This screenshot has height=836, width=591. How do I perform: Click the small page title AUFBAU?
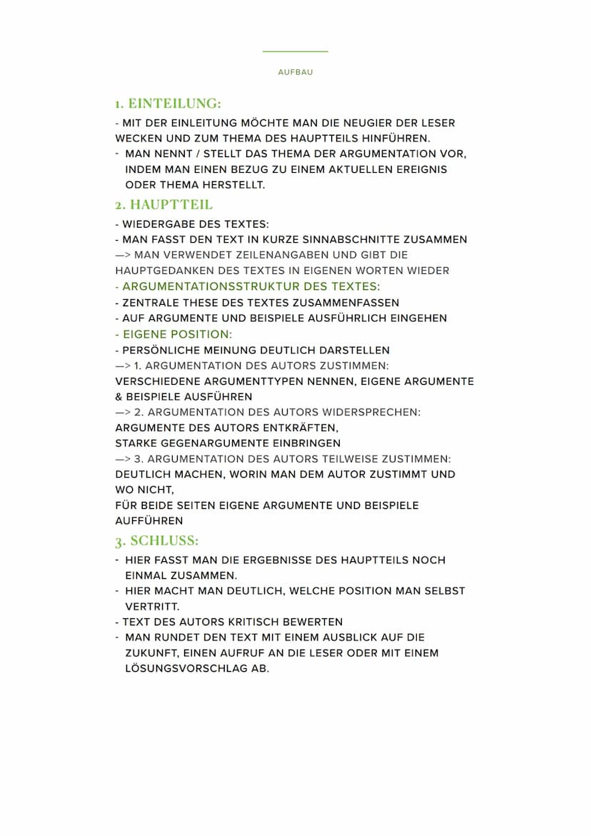pos(295,72)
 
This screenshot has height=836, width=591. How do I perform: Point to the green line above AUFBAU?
pos(295,51)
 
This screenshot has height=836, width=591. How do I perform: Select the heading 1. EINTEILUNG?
pos(168,104)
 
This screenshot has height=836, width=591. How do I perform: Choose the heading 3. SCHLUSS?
pos(157,540)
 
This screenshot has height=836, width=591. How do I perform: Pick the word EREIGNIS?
pos(420,169)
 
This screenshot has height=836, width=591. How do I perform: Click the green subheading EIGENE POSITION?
pos(178,334)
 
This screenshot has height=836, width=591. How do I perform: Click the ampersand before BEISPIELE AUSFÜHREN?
pos(118,396)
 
